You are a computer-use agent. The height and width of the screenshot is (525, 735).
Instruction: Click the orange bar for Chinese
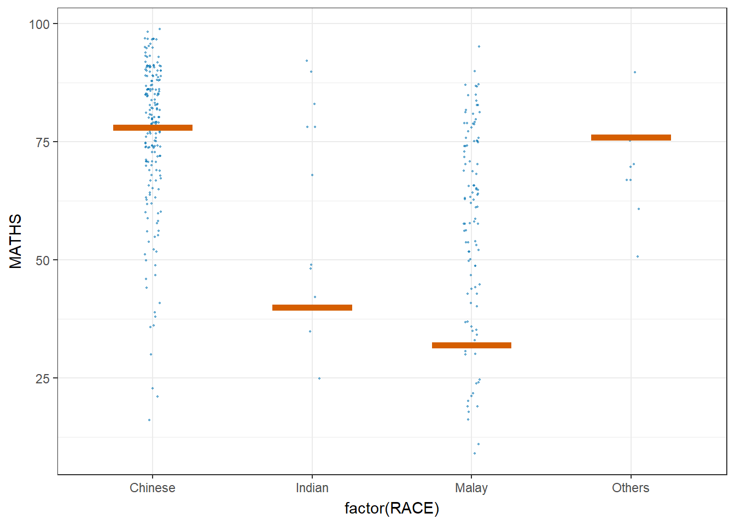(x=153, y=127)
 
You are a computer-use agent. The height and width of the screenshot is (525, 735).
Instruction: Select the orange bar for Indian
(x=312, y=307)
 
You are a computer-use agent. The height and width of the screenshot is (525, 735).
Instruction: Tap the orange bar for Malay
(x=471, y=345)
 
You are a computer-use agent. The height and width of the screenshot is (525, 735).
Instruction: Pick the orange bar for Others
(x=631, y=137)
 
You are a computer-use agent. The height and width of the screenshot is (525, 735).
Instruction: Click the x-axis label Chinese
(x=153, y=488)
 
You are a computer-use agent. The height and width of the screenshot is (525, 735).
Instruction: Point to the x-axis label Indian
(x=312, y=488)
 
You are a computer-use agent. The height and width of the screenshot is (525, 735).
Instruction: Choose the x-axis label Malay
(x=471, y=488)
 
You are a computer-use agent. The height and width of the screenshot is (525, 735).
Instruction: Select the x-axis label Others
(x=631, y=488)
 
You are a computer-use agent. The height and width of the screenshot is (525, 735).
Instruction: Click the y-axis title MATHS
(x=15, y=241)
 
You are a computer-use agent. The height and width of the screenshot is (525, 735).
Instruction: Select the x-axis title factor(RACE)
(x=392, y=509)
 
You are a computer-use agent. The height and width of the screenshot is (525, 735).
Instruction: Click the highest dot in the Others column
(x=634, y=72)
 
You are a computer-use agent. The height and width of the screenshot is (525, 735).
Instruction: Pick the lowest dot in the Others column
(x=637, y=256)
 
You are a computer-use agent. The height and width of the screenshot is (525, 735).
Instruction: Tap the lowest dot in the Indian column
(x=319, y=378)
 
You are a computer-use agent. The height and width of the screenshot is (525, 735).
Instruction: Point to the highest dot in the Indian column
(x=307, y=61)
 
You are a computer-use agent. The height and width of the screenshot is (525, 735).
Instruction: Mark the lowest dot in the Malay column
(x=474, y=453)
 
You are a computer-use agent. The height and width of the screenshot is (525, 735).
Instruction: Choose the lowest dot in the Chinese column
(x=149, y=420)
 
